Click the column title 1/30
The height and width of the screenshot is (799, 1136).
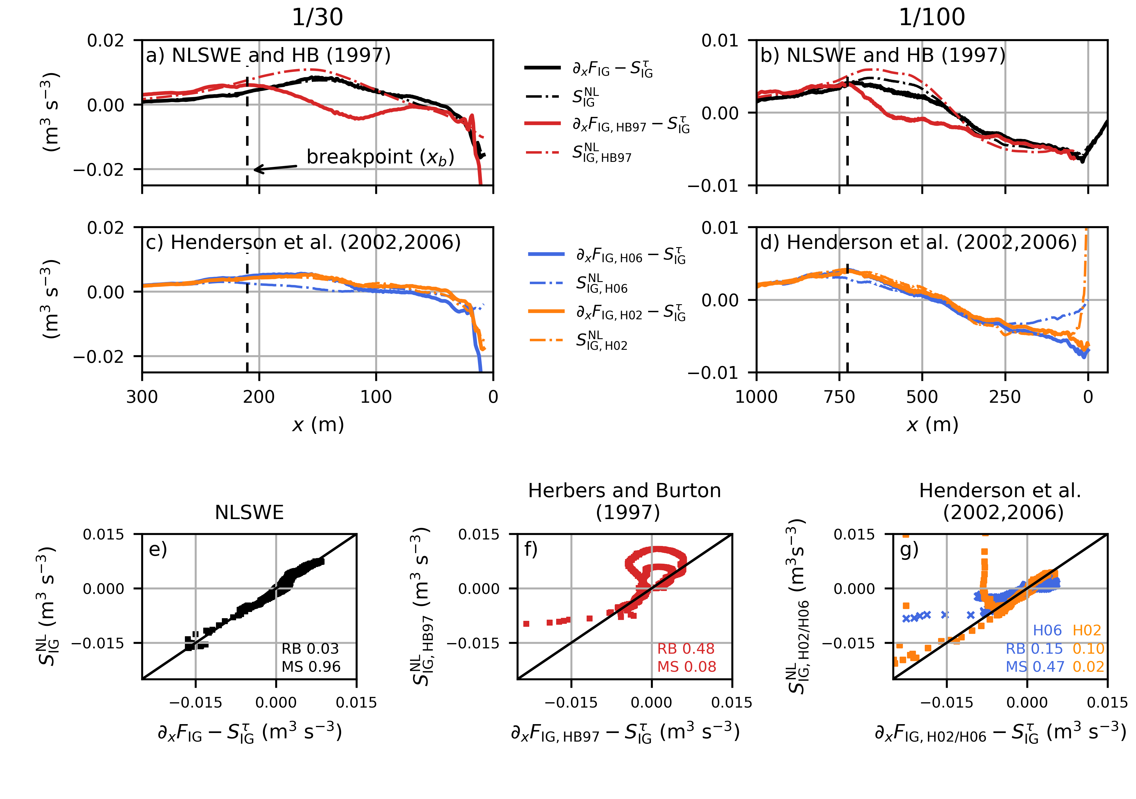tap(317, 17)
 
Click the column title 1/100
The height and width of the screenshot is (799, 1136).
tap(931, 17)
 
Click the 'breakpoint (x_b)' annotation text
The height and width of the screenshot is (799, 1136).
tap(380, 157)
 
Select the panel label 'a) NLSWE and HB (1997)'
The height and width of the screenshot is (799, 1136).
tap(268, 55)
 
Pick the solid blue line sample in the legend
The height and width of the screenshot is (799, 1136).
tap(546, 254)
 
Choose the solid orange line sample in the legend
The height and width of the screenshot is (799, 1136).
tap(546, 311)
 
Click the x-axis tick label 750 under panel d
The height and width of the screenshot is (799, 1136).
tap(839, 397)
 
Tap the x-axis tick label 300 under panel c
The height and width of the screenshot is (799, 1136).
tap(142, 397)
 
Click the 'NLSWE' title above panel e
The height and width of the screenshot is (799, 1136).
tap(249, 512)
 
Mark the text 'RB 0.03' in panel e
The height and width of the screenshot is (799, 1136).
tap(310, 648)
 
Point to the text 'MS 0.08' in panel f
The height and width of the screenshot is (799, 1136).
tap(686, 667)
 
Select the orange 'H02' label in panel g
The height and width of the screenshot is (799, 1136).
tap(1087, 630)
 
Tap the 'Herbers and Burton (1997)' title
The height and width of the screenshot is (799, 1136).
tap(625, 501)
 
